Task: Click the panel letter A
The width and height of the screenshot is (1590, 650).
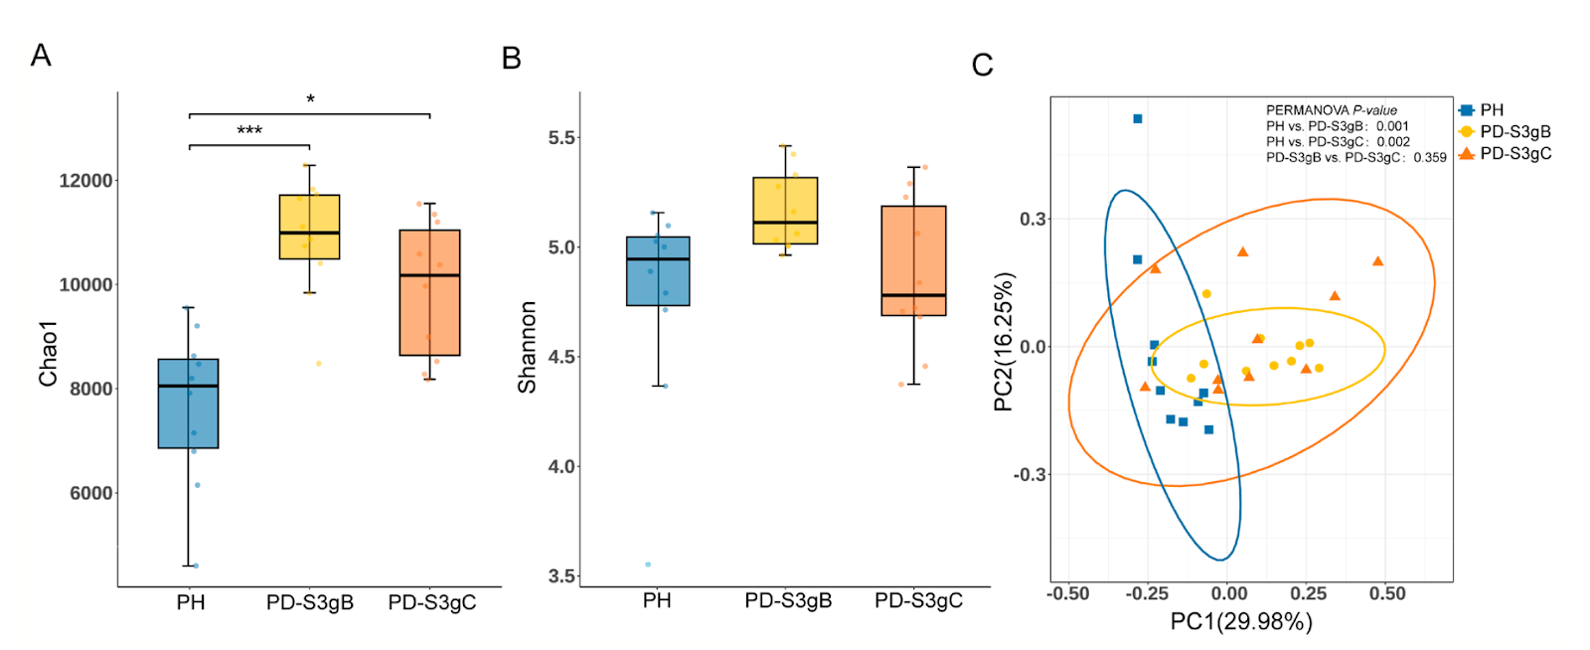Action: click(41, 55)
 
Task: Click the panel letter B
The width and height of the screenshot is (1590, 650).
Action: click(512, 59)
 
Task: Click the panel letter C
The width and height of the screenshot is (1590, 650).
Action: click(982, 66)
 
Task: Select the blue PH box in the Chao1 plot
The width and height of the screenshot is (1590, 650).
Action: click(188, 404)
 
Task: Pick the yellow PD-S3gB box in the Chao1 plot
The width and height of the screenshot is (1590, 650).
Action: click(309, 227)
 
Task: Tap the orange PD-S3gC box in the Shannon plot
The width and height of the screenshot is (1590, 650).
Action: click(913, 260)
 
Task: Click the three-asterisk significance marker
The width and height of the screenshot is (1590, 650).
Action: click(249, 131)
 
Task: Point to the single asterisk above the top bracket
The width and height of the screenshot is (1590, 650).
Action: click(310, 99)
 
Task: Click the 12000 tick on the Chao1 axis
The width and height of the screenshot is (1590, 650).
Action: click(85, 181)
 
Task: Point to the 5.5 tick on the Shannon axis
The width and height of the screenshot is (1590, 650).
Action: click(561, 138)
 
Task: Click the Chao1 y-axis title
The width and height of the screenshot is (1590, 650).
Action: click(48, 354)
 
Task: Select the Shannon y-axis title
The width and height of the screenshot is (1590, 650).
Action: click(527, 347)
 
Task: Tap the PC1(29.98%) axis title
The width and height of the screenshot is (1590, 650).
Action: click(1241, 622)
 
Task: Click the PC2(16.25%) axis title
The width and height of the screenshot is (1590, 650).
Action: click(1004, 341)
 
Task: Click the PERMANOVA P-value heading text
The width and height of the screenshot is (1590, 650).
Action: click(1331, 110)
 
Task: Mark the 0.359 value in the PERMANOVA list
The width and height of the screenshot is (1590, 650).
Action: click(1430, 157)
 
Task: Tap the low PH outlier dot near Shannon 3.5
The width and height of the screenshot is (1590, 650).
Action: click(648, 565)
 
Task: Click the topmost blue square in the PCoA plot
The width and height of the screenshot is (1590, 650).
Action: click(1138, 119)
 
